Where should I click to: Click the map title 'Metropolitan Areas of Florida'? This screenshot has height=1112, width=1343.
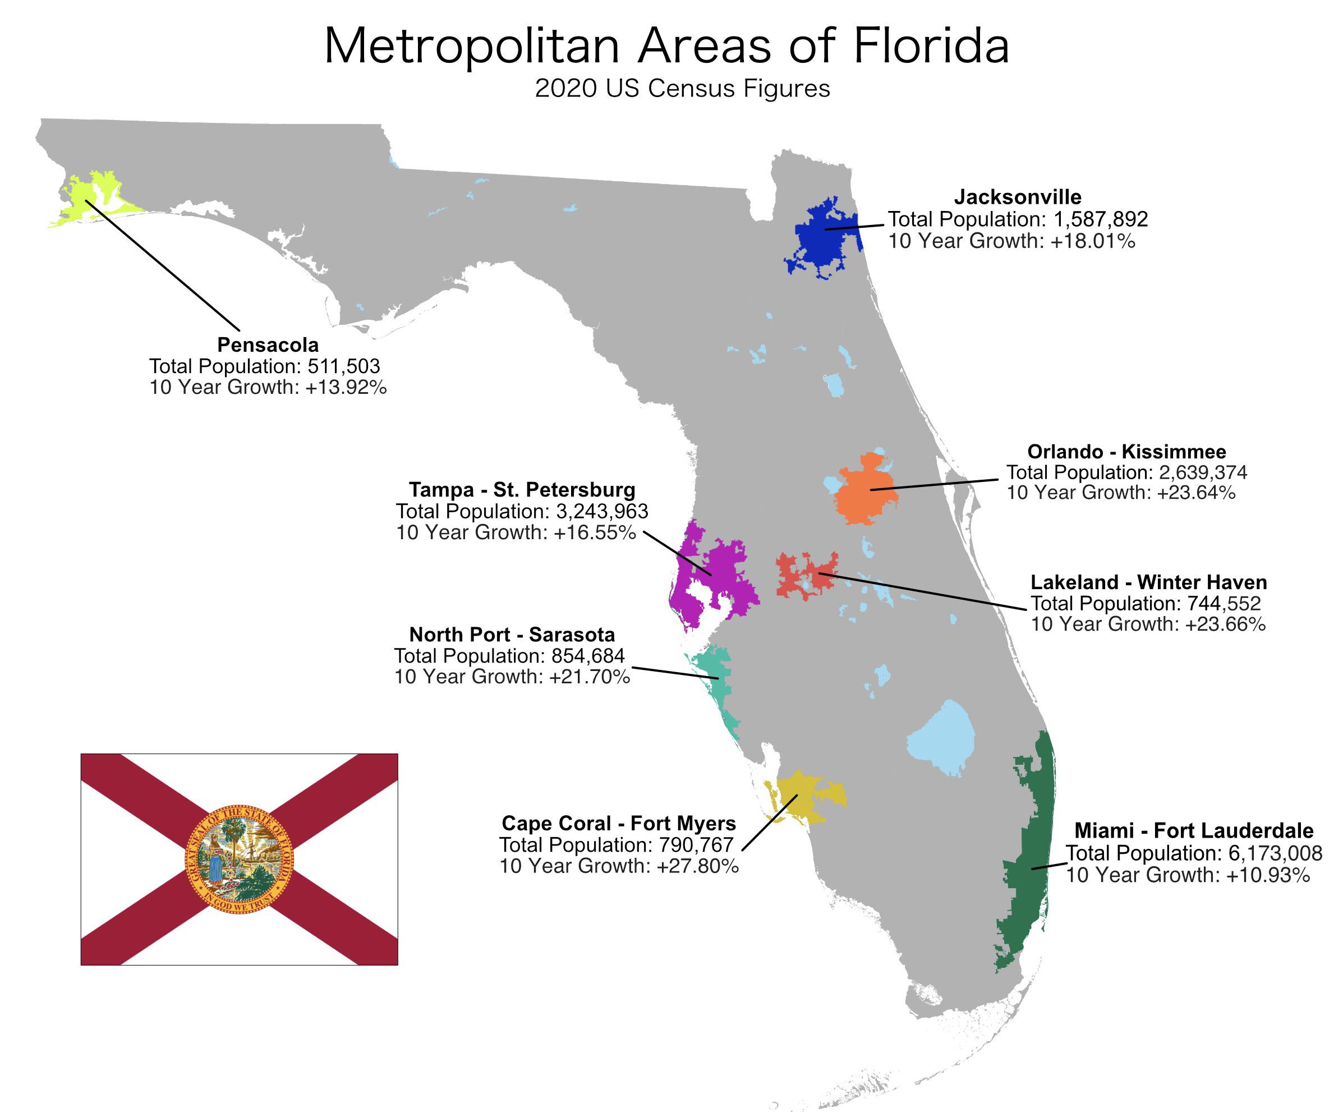tap(666, 46)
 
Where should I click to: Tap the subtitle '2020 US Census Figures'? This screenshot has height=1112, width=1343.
tap(682, 89)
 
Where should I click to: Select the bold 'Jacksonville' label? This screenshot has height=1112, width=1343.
tap(1018, 197)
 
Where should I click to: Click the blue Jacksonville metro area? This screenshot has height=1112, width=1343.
tap(822, 240)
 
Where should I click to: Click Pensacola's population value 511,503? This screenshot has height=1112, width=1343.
tap(343, 366)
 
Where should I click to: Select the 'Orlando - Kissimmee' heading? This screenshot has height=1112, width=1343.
tap(1126, 452)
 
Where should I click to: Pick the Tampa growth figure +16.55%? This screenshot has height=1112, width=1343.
tap(595, 532)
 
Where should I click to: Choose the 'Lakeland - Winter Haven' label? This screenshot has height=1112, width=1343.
tap(1148, 582)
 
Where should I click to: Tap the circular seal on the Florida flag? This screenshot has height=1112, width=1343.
tap(238, 858)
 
